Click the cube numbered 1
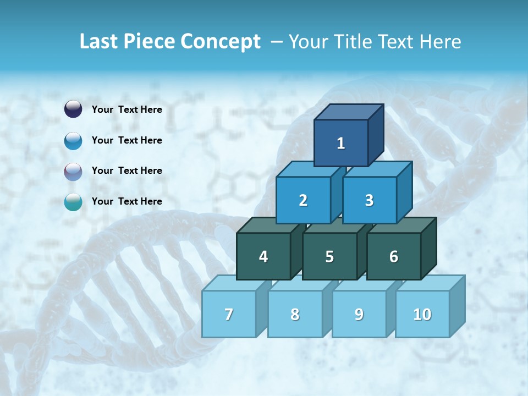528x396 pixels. [341, 143]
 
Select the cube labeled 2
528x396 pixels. [303, 200]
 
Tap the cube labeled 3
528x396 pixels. [369, 200]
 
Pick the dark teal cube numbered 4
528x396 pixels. [263, 256]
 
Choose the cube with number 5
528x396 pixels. [329, 256]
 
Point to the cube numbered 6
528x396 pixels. [394, 256]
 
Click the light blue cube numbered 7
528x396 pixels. [229, 314]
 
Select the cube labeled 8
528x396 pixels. [295, 314]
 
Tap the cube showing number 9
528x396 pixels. [359, 314]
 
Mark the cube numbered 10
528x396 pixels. [422, 314]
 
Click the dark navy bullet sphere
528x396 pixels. [73, 109]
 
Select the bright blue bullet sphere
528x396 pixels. [73, 140]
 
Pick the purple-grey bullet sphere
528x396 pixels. [73, 171]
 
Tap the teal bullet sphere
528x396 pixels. [73, 202]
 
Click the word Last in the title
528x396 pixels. [99, 41]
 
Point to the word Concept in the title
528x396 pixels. [221, 41]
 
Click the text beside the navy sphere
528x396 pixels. [127, 109]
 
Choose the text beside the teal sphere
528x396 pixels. [127, 201]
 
